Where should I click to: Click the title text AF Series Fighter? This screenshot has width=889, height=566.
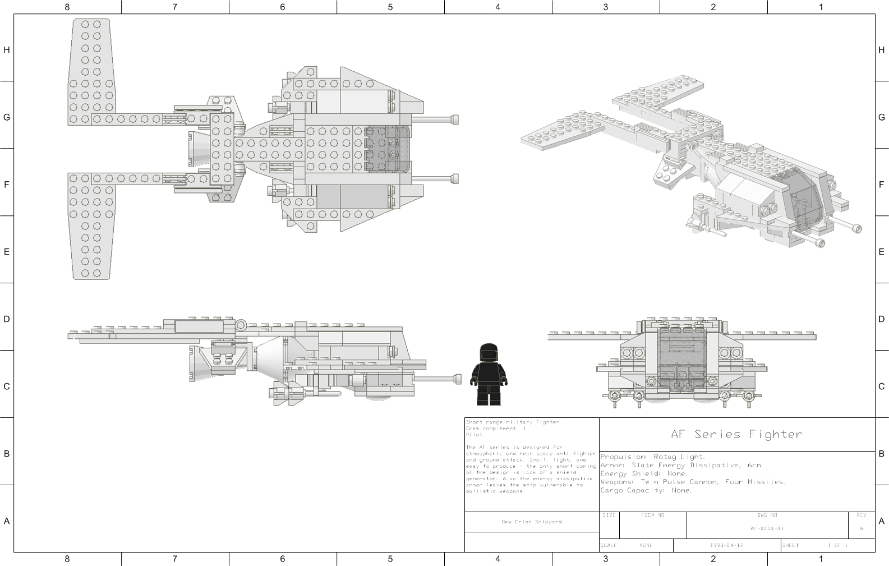(x=736, y=434)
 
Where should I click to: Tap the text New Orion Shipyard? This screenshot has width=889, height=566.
(x=531, y=522)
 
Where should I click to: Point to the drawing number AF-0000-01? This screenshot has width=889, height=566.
(x=767, y=528)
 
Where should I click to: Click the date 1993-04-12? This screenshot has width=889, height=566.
(x=726, y=545)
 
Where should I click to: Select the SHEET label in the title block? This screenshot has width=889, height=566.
(x=790, y=545)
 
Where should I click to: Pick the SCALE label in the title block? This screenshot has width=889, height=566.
(x=609, y=545)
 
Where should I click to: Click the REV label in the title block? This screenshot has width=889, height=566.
(x=861, y=515)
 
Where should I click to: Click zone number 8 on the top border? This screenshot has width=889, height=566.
(x=67, y=7)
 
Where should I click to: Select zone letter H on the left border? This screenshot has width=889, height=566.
(x=7, y=50)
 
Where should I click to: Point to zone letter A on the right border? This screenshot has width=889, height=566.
(x=882, y=521)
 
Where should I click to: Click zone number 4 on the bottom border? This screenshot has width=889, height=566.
(x=498, y=559)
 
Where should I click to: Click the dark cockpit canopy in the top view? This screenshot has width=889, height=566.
(x=387, y=149)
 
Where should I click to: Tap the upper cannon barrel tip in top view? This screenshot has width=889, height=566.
(x=455, y=119)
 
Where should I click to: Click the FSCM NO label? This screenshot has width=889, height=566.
(x=652, y=515)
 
